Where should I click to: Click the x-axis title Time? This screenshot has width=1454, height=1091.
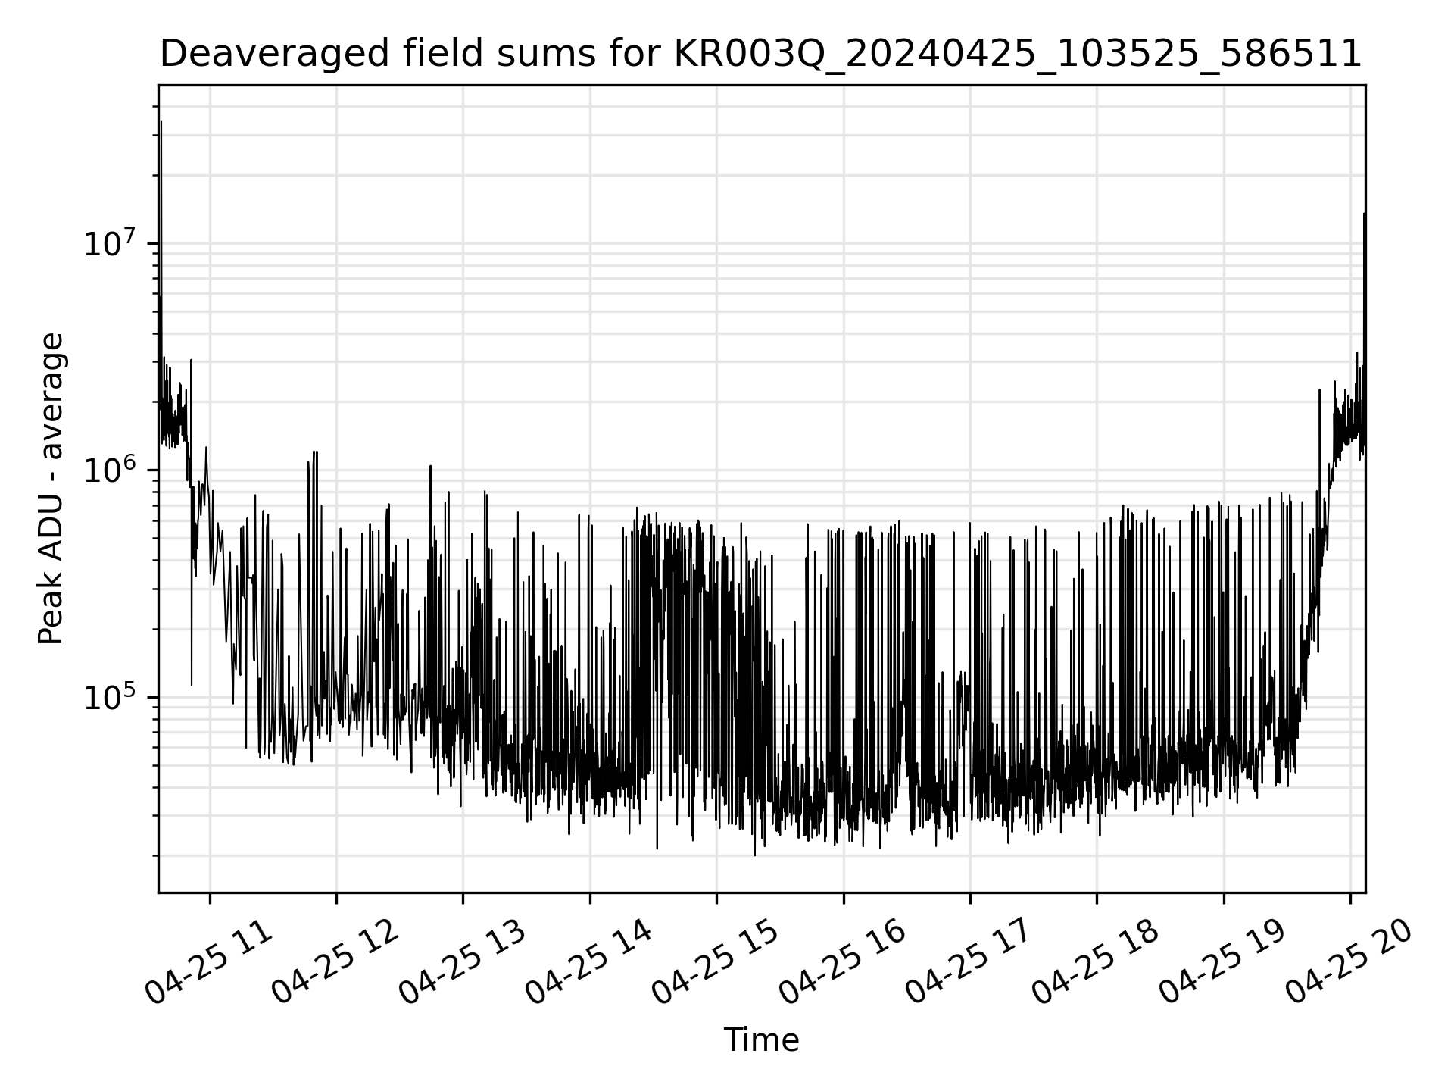point(761,1040)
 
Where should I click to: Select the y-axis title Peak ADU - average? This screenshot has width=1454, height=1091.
point(51,489)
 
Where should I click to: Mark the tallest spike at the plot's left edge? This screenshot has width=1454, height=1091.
point(161,123)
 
